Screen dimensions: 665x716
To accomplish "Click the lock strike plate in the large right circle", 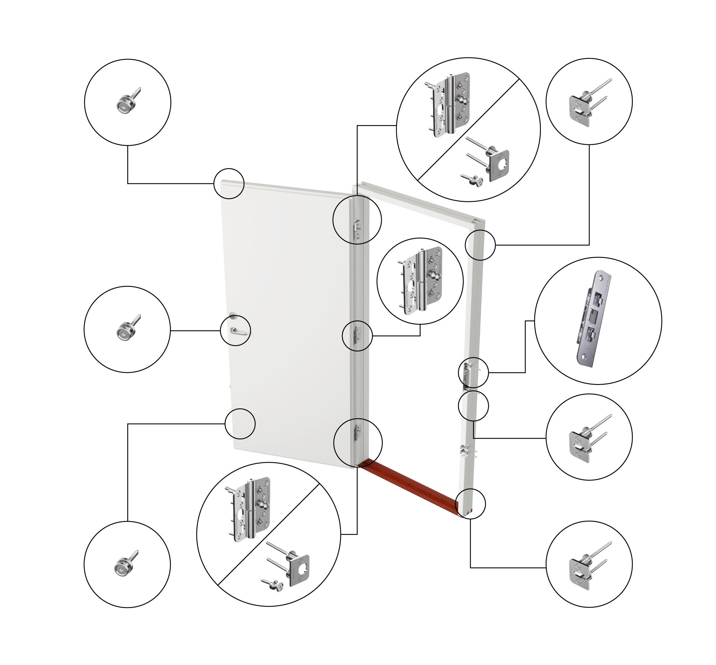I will click(593, 319).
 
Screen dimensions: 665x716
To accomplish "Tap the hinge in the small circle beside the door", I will click(421, 281).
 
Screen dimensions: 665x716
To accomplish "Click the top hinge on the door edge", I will click(357, 229).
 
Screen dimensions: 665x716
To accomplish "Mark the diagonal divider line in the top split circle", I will click(468, 130).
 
